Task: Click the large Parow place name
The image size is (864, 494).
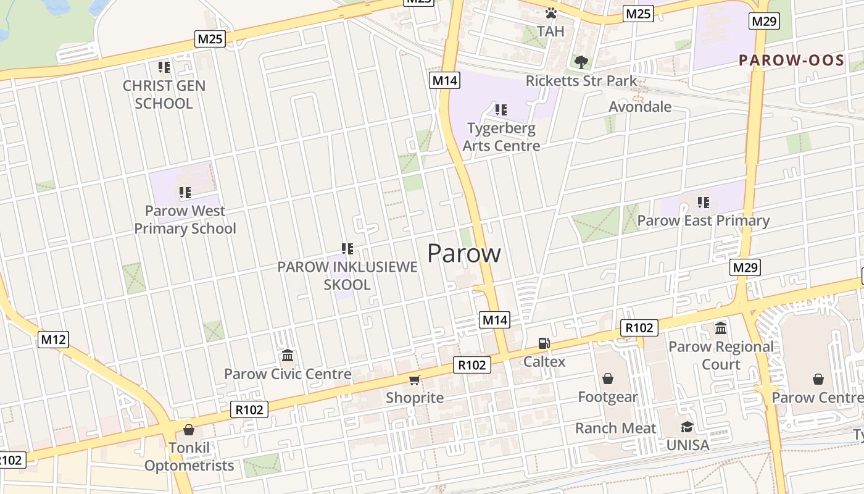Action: coord(463,253)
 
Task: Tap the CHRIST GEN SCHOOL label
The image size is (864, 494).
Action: coord(164,94)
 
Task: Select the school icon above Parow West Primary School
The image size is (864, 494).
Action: coord(185,193)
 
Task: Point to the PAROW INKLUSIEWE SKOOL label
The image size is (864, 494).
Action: coord(347,275)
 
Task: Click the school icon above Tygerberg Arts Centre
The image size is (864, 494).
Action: coord(501,110)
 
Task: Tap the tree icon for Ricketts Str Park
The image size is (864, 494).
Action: coord(581,62)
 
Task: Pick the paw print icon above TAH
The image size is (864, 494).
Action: coord(551,13)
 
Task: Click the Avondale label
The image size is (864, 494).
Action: coord(639,107)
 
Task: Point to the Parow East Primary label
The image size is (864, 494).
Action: coord(703,220)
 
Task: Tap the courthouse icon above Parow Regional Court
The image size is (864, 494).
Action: coord(721,328)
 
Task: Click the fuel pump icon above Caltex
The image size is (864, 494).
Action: coord(544,343)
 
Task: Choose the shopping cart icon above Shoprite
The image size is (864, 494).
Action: coord(415,380)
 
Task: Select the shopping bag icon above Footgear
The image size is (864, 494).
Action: coord(608,378)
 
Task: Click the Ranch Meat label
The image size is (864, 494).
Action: coord(615,428)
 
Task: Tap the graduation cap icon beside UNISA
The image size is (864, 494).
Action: coord(687,427)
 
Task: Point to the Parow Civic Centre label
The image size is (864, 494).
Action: coord(288,374)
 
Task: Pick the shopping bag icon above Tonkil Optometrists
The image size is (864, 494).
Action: coord(189,429)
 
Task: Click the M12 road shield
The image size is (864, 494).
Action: coord(53,339)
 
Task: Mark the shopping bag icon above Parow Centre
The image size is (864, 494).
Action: coord(818,379)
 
